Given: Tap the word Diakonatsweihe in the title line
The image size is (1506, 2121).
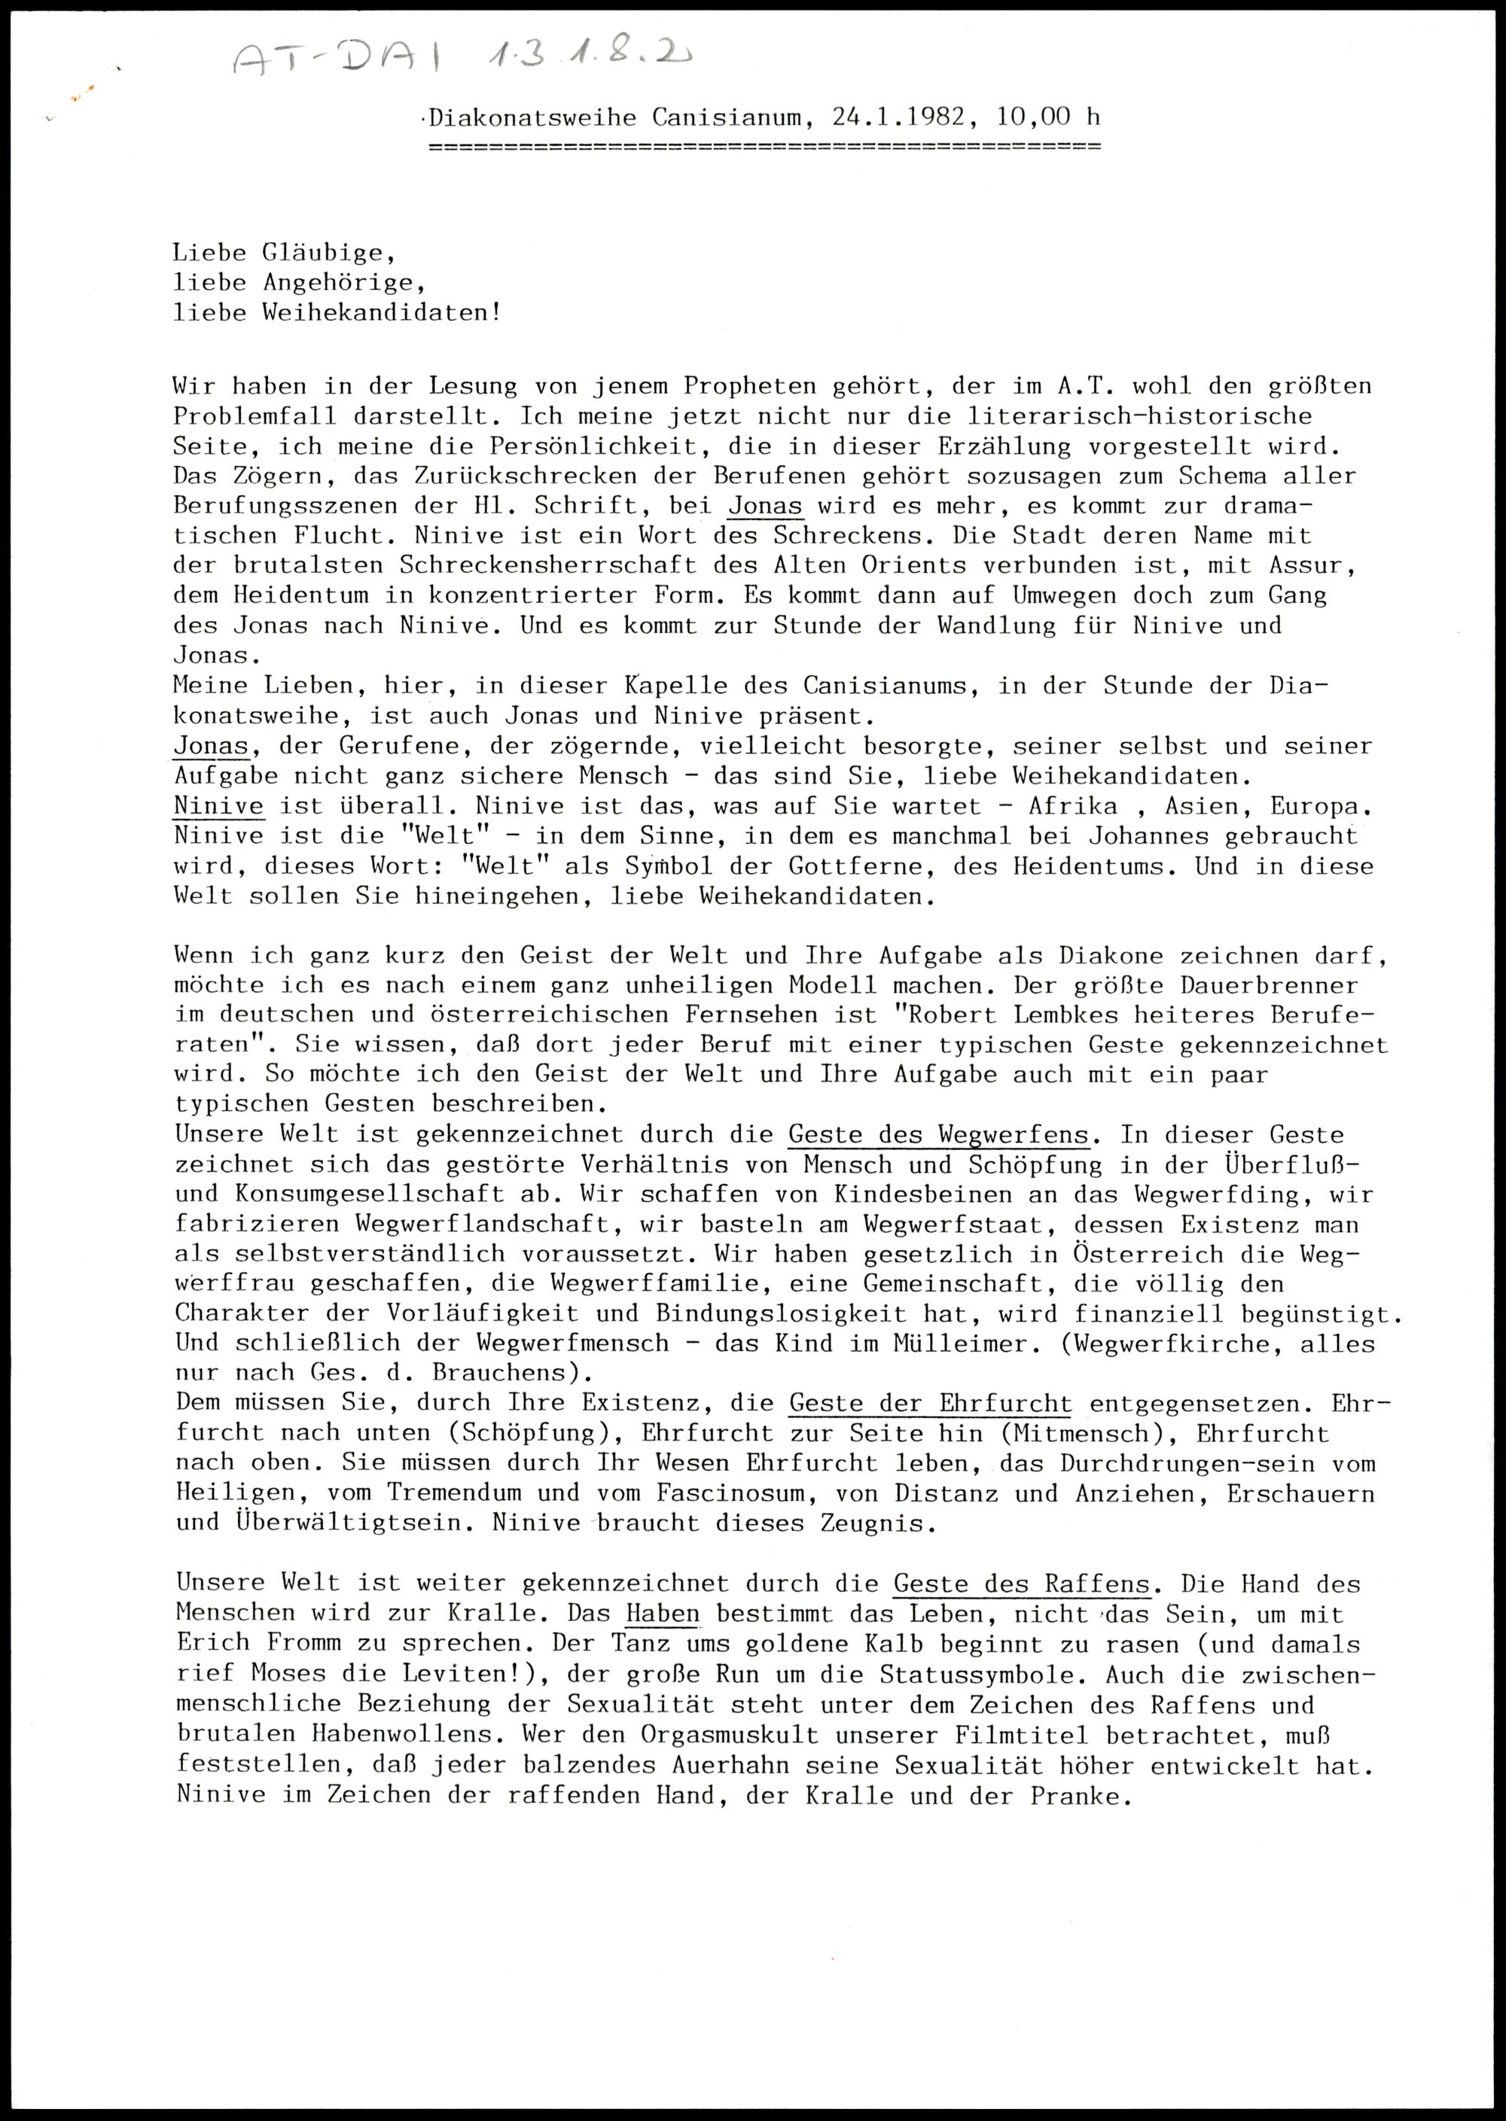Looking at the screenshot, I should (x=532, y=117).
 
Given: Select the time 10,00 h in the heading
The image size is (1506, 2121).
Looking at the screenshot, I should (x=1049, y=117).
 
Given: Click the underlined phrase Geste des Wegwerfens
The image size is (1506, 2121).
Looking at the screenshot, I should (x=937, y=1135).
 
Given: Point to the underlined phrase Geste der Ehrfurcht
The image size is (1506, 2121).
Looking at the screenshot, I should (x=930, y=1404).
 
